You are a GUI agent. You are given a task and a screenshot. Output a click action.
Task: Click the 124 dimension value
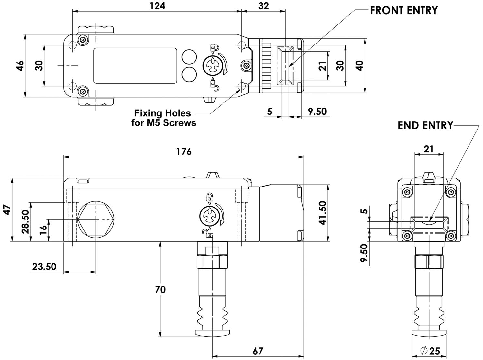tap(157, 6)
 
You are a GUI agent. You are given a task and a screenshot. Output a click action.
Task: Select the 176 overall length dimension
tap(184, 151)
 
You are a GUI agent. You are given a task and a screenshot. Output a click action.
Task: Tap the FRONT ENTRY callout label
tap(404, 10)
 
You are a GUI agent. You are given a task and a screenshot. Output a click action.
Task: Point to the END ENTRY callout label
tap(425, 125)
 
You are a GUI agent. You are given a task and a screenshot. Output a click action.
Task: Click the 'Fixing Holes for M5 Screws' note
tap(164, 118)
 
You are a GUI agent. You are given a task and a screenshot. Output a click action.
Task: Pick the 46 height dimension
tap(20, 66)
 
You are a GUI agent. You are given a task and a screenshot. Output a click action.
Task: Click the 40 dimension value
tap(360, 66)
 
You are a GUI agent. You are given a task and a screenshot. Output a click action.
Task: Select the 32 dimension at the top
tap(263, 6)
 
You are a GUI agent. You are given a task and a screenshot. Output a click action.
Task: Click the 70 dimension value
tap(160, 289)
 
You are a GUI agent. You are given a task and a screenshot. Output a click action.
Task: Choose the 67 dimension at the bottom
tap(258, 351)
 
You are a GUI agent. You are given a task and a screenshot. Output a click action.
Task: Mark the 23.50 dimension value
tap(44, 267)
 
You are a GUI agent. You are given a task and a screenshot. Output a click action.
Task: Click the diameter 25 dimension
tap(430, 351)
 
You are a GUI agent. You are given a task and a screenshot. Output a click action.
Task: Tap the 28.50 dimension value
tap(25, 222)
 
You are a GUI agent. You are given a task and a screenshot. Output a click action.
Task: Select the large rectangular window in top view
tap(135, 66)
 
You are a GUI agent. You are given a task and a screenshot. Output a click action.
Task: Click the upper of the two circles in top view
tap(189, 57)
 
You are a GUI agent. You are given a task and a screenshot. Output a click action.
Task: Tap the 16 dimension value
tap(43, 230)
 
